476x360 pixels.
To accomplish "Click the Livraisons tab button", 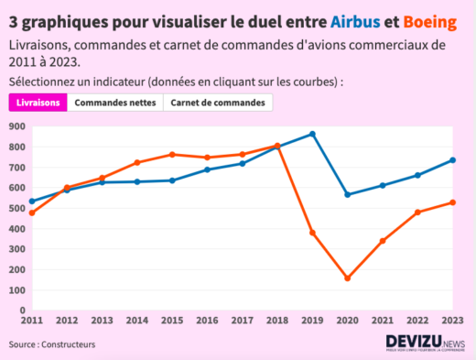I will (x=38, y=102).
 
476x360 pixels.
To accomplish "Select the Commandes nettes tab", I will (x=114, y=102).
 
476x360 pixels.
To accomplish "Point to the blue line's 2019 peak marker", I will (x=312, y=134).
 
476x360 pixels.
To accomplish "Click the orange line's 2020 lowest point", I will (x=347, y=278).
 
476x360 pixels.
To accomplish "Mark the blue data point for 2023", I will (x=452, y=160).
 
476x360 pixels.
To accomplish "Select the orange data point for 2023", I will (x=452, y=202).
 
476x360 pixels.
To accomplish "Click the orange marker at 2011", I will (x=32, y=213).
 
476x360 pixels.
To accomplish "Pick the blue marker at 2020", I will (x=347, y=194).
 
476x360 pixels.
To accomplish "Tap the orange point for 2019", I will (x=312, y=233).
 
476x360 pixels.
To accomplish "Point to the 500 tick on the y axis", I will (x=16, y=208).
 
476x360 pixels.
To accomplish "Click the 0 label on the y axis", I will (x=22, y=311).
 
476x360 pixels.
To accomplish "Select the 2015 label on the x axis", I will (x=172, y=322).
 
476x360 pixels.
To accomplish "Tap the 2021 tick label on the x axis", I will (x=382, y=322).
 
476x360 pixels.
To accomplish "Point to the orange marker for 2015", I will (x=172, y=155).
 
